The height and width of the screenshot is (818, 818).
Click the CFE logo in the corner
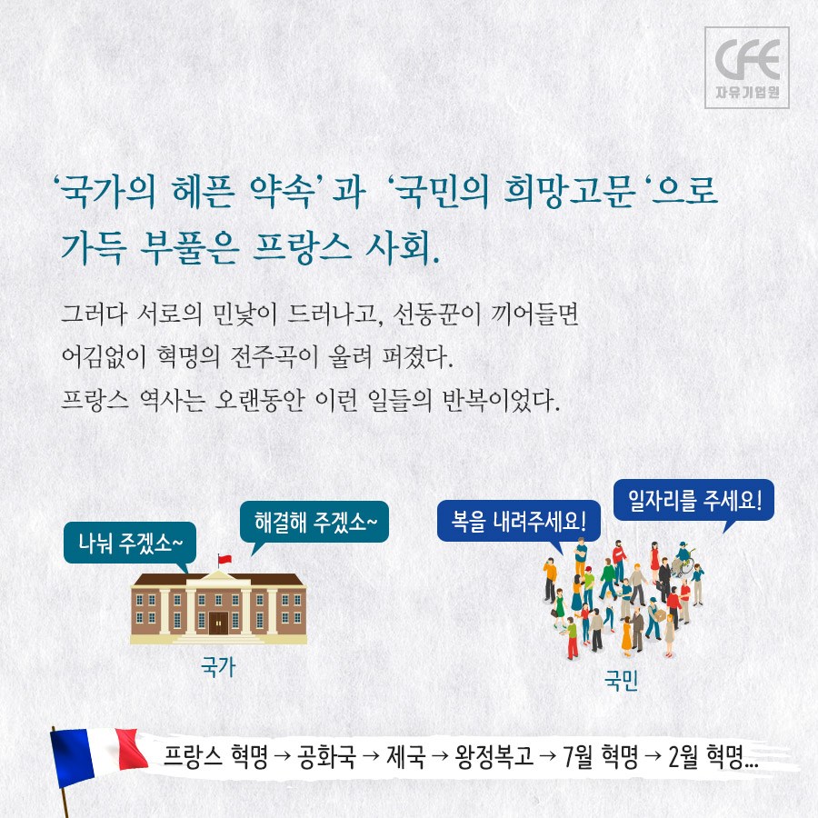[x=746, y=68]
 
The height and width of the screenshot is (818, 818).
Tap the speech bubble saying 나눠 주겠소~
[x=130, y=544]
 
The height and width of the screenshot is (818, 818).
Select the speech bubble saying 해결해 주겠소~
[x=314, y=523]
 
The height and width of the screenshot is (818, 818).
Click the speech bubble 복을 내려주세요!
[x=519, y=522]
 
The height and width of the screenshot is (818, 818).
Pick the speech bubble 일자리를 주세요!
[x=693, y=500]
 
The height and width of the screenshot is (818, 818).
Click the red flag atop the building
[x=224, y=560]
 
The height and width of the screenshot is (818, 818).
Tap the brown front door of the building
[x=218, y=623]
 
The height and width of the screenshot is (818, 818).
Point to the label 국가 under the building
[x=218, y=667]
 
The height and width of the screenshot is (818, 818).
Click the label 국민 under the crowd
[x=622, y=680]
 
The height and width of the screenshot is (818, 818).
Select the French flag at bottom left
[x=96, y=756]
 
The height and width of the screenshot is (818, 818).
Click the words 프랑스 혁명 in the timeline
[x=215, y=756]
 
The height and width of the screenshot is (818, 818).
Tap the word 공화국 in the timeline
[x=326, y=756]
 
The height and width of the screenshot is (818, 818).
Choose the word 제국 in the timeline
[x=406, y=756]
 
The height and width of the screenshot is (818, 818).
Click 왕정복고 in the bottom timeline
[x=494, y=756]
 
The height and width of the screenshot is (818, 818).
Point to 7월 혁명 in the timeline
[x=601, y=756]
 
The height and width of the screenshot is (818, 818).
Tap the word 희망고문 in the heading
[x=570, y=191]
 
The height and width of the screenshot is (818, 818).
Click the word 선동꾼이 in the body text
[x=436, y=314]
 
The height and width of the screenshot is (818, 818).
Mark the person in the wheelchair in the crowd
[x=683, y=559]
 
